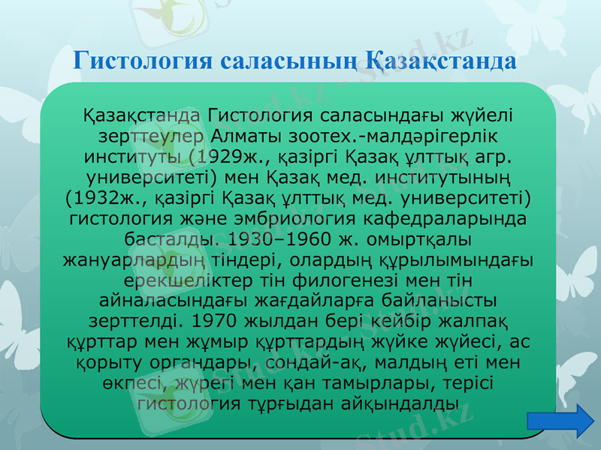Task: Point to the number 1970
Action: pos(219,321)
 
